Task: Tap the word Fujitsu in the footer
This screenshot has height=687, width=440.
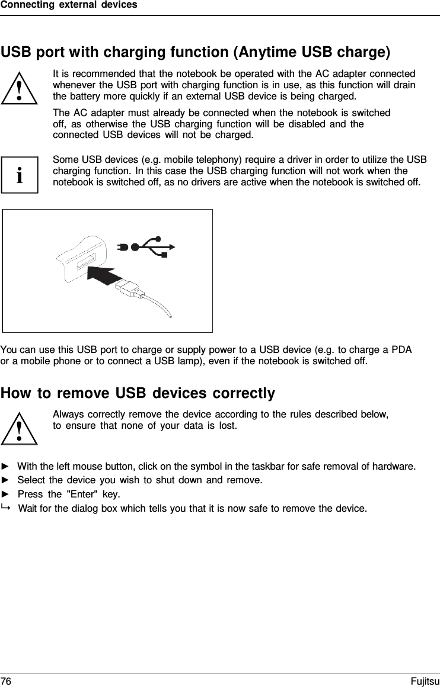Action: click(x=425, y=681)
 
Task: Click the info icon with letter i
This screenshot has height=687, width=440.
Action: click(x=20, y=175)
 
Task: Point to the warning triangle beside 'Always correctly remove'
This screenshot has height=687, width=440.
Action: click(x=20, y=427)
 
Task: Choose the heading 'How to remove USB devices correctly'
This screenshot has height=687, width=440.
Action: click(x=138, y=393)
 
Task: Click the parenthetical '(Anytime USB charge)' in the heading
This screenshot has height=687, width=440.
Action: click(x=312, y=52)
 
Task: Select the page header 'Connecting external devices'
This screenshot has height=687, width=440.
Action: click(x=69, y=5)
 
